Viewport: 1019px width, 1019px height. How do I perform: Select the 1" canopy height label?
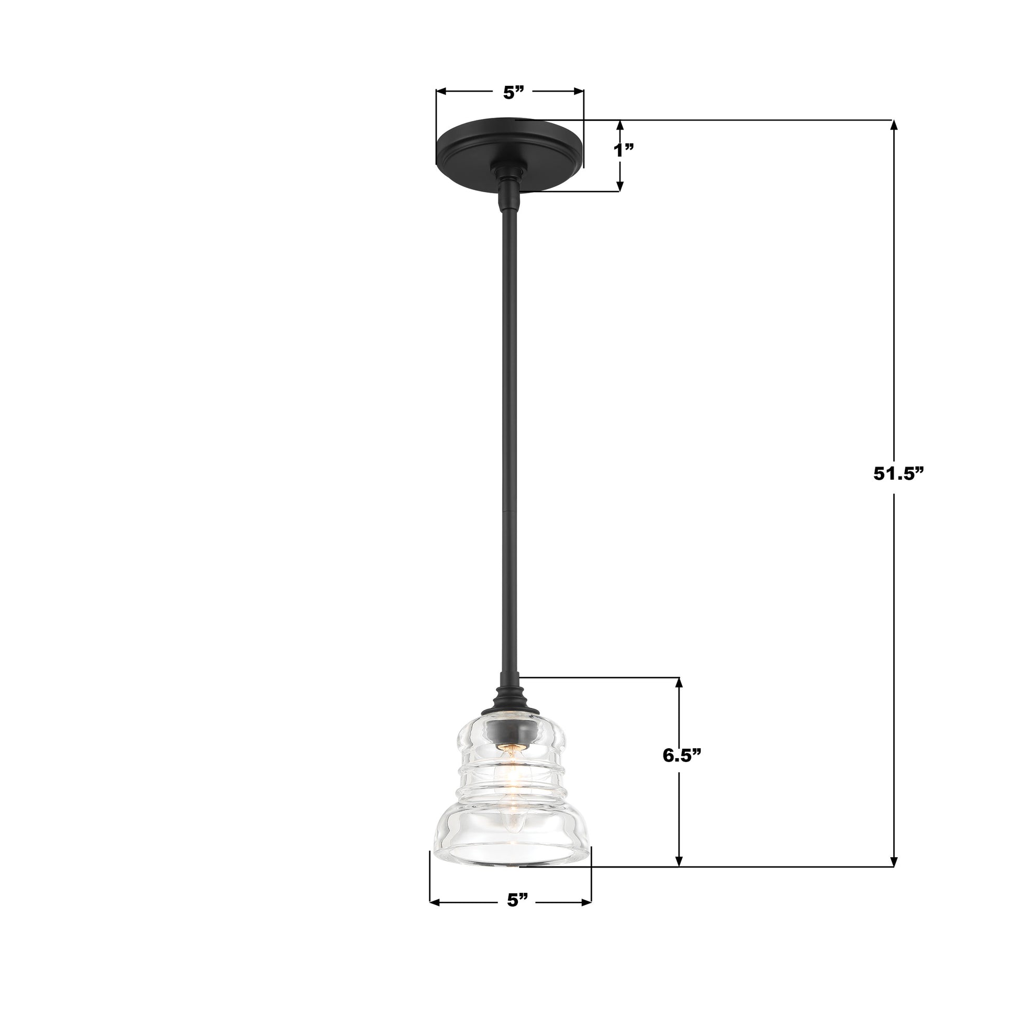coord(624,151)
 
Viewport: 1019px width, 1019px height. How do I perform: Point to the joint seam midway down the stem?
coord(510,511)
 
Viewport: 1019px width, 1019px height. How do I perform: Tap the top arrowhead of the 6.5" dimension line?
coord(679,682)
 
